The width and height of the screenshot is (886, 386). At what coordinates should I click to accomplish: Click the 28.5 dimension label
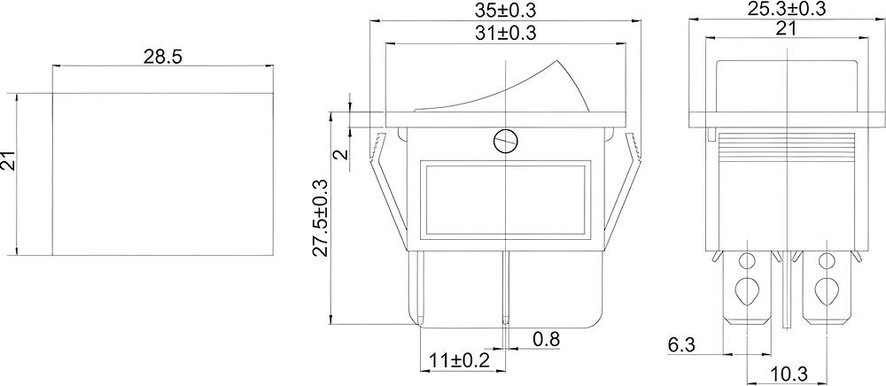163,57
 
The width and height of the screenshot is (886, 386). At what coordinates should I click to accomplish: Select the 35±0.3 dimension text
506,10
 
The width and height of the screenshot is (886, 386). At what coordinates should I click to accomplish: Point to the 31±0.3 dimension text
505,34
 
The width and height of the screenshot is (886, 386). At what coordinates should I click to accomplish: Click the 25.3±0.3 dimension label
788,9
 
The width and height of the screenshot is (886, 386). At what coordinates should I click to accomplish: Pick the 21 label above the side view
787,29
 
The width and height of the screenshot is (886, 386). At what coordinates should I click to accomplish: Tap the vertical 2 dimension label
340,154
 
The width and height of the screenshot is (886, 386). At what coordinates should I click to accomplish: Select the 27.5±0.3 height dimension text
321,219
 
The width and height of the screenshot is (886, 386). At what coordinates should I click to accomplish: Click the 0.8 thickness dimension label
546,339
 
